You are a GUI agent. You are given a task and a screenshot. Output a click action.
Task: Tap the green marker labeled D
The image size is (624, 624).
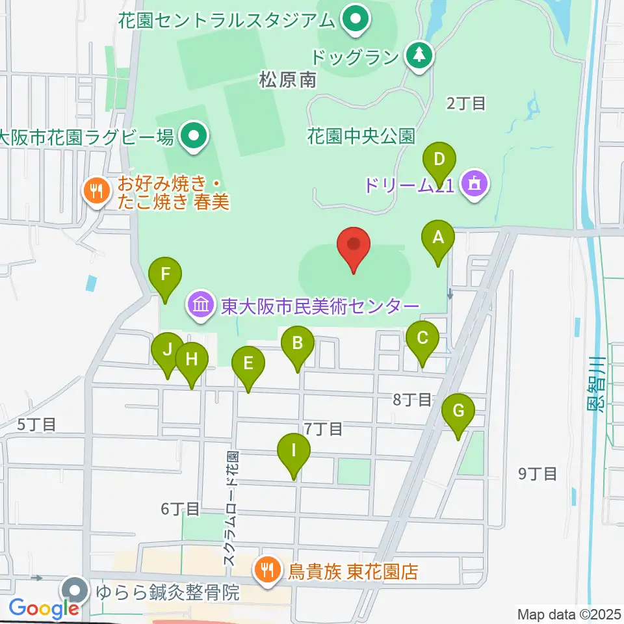pos(439,160)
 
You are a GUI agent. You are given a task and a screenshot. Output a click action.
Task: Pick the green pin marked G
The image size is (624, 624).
pos(458,411)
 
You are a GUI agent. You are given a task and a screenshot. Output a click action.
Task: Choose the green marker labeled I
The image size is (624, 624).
pos(294,451)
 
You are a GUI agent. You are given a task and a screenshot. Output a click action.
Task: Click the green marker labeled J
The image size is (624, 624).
pos(167,351)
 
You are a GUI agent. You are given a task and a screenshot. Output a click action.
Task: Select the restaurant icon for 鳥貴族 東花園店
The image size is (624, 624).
pos(266,571)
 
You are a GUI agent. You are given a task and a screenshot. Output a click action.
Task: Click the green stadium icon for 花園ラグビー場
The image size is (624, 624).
pos(192,137)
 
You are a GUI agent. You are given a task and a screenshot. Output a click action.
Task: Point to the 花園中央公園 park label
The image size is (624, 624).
pos(361,137)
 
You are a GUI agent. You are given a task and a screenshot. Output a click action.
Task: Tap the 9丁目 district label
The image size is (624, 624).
pos(538,474)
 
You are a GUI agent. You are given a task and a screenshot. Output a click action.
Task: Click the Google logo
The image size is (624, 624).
pos(44,608)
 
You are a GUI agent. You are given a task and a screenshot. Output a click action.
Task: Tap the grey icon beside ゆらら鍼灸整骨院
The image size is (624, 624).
pos(76,592)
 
